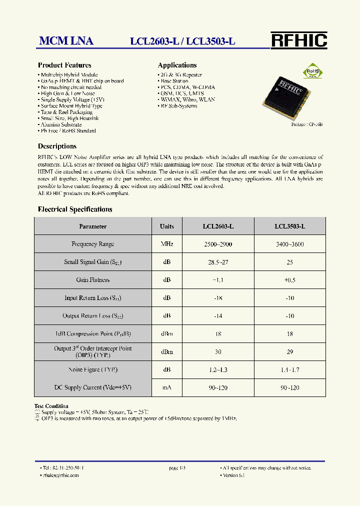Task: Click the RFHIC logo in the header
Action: pos(298,40)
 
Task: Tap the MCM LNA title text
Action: pos(66,41)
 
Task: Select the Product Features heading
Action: pos(64,65)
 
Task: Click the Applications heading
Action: pos(177,65)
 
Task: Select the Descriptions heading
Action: pos(57,146)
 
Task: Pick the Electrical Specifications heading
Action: pos(75,209)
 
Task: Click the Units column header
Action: pos(166,226)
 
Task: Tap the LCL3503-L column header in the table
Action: pos(289,226)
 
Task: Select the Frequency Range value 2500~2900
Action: pos(218,244)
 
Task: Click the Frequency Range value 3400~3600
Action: pos(289,244)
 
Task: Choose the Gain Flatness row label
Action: pos(92,280)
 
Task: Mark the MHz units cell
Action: pos(166,244)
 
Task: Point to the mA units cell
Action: pos(166,388)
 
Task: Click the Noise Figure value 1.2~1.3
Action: pos(218,370)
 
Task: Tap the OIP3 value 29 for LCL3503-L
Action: pos(289,352)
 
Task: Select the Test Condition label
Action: pos(51,406)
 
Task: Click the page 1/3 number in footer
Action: pos(177,468)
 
